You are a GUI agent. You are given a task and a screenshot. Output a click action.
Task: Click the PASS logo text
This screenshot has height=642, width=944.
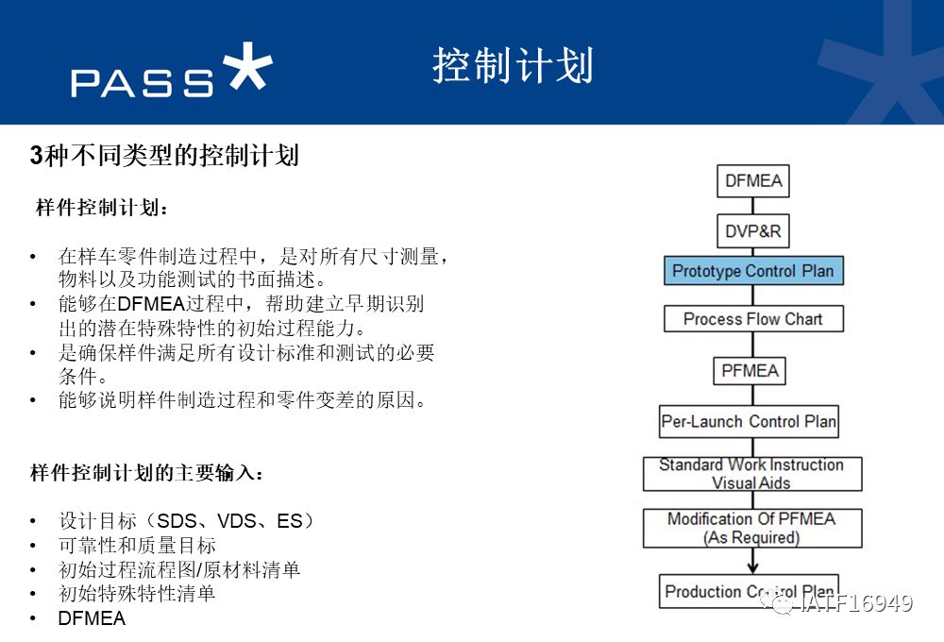point(143,83)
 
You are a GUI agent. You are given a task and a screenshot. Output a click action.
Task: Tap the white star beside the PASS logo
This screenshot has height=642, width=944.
point(247,66)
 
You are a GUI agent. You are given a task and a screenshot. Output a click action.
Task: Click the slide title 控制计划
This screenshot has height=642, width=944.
point(513,65)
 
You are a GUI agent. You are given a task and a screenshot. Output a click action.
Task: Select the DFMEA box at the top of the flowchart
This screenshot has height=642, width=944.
point(752,180)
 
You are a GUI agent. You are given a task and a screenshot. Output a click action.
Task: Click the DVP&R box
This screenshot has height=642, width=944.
point(752,230)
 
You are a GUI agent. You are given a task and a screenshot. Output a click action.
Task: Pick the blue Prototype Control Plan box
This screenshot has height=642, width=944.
point(753,270)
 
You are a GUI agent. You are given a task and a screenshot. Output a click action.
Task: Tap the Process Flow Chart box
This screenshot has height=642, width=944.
point(753,318)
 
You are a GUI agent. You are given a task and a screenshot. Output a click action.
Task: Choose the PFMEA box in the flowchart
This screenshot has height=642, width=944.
point(750,370)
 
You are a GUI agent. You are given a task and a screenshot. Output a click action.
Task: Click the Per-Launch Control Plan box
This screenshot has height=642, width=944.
point(749,421)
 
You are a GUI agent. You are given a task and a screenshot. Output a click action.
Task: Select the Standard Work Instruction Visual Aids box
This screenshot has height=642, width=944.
point(752,474)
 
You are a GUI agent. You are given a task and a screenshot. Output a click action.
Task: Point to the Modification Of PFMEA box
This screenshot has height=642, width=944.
point(752,528)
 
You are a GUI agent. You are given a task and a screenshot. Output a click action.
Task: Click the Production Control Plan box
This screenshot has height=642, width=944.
point(749,591)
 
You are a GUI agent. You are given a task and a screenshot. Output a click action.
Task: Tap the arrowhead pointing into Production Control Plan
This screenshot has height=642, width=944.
point(752,568)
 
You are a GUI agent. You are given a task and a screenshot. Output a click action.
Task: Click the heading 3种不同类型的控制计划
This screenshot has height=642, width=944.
point(164,156)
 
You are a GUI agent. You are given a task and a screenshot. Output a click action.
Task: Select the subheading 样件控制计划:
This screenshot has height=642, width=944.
point(102,208)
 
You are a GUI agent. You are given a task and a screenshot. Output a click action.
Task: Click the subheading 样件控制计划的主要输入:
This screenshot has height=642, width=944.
point(147,473)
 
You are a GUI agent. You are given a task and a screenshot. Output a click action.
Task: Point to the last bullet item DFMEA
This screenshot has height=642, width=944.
point(92,618)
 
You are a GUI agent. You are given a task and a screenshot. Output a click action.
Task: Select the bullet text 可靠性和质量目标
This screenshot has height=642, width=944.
point(137,546)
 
